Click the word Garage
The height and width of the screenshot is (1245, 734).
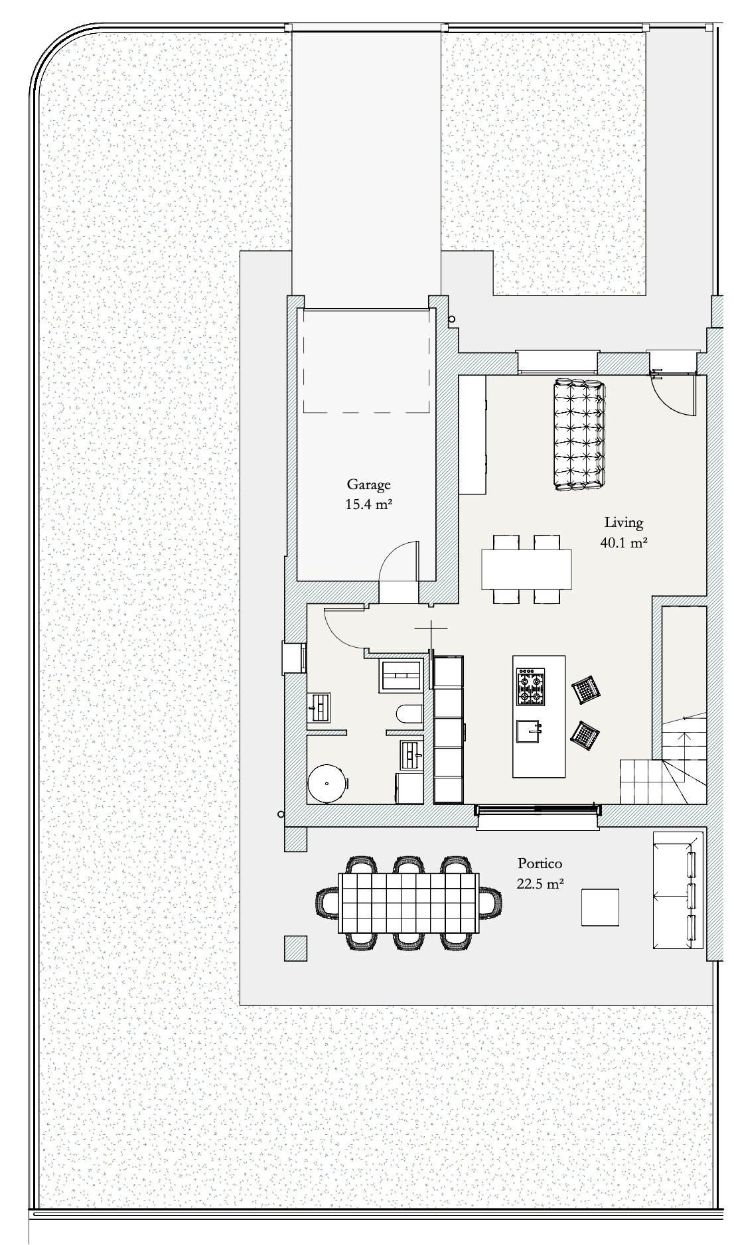pos(368,485)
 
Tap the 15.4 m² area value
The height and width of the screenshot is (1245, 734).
pos(368,504)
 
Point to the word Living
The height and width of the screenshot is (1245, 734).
pos(623,523)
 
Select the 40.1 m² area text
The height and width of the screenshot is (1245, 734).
pos(623,542)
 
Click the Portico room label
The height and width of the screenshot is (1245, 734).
pos(540,863)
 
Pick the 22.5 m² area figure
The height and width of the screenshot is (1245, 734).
pos(540,883)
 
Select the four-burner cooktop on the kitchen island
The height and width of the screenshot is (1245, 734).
pos(530,687)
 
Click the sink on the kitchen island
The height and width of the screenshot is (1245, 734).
pos(530,731)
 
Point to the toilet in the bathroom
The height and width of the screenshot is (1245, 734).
pos(408,715)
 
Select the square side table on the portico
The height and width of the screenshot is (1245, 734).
pos(601,907)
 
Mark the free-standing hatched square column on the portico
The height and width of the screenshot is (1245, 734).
pos(296,948)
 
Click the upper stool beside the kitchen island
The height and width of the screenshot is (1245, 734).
pos(587,691)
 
